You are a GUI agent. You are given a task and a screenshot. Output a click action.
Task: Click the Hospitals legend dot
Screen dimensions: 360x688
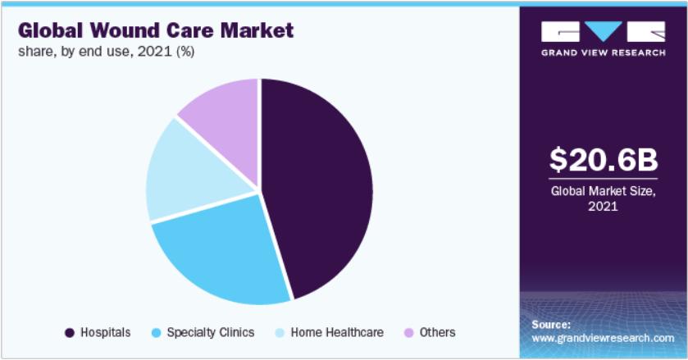point(70,332)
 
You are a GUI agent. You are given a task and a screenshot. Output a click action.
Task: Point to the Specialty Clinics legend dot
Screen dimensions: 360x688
point(156,332)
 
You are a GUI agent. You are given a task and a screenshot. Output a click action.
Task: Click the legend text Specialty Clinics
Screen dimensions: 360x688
point(210,332)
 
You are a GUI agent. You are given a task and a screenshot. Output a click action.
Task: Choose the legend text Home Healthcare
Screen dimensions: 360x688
point(337,332)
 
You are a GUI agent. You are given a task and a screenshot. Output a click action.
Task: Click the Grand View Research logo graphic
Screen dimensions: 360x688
point(603,32)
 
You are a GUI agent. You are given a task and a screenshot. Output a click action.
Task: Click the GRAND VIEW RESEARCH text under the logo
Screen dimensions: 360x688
point(603,53)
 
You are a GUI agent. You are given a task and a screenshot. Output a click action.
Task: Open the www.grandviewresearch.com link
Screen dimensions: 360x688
point(603,337)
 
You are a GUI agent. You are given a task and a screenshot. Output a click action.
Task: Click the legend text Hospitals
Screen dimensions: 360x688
point(106,332)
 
